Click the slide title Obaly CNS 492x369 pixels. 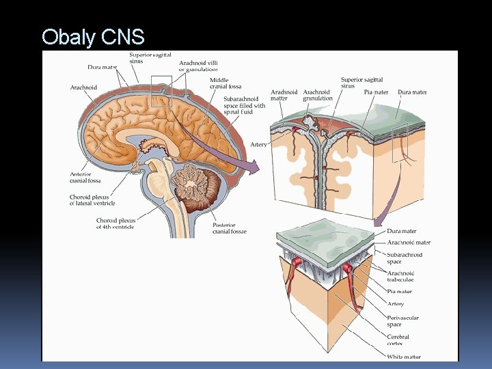pyautogui.click(x=93, y=36)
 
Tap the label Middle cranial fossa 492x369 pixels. pyautogui.click(x=225, y=83)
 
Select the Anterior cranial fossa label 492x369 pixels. pyautogui.click(x=85, y=178)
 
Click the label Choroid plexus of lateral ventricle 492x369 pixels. pyautogui.click(x=92, y=200)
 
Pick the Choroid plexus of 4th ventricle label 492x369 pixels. pyautogui.click(x=115, y=223)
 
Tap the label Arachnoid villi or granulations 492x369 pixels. pyautogui.click(x=198, y=66)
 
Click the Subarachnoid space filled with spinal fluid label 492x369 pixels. pyautogui.click(x=244, y=105)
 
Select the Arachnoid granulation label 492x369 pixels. pyautogui.click(x=318, y=95)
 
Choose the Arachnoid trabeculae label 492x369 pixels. pyautogui.click(x=400, y=276)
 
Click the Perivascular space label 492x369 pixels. pyautogui.click(x=402, y=321)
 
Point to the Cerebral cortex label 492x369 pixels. pyautogui.click(x=398, y=339)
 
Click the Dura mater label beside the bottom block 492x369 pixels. pyautogui.click(x=401, y=232)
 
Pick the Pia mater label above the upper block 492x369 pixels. pyautogui.click(x=376, y=92)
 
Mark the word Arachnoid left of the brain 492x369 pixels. pyautogui.click(x=83, y=87)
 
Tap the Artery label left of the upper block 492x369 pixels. pyautogui.click(x=258, y=145)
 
